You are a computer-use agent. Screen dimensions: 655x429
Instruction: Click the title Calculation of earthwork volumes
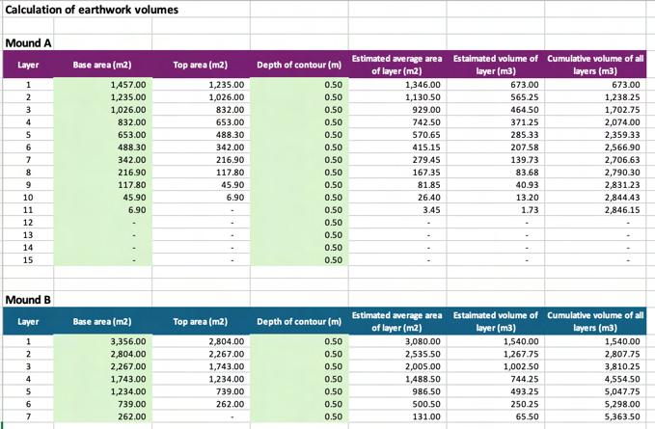pyautogui.click(x=92, y=10)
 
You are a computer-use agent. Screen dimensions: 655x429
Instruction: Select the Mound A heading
pyautogui.click(x=28, y=43)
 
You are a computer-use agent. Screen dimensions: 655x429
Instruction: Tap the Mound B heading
pyautogui.click(x=28, y=300)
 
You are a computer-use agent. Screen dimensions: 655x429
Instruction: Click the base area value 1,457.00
pyautogui.click(x=128, y=85)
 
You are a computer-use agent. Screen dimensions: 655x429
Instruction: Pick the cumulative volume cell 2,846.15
pyautogui.click(x=622, y=210)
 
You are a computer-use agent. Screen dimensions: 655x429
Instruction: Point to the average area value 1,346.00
pyautogui.click(x=423, y=85)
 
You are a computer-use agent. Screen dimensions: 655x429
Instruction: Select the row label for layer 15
pyautogui.click(x=28, y=260)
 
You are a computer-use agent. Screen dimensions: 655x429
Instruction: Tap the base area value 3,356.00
pyautogui.click(x=128, y=341)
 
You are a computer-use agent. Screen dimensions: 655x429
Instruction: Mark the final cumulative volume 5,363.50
pyautogui.click(x=622, y=416)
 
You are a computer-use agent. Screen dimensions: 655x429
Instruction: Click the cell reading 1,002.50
pyautogui.click(x=521, y=366)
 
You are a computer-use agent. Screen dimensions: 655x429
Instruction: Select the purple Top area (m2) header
pyautogui.click(x=200, y=65)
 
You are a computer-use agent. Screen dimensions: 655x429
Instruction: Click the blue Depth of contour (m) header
pyautogui.click(x=299, y=321)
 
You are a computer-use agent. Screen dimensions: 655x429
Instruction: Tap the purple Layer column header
pyautogui.click(x=28, y=65)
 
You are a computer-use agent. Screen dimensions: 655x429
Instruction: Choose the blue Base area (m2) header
pyautogui.click(x=102, y=321)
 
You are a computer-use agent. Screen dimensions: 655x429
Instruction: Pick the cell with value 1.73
pyautogui.click(x=530, y=210)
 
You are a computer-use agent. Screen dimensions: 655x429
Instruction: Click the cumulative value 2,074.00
pyautogui.click(x=622, y=122)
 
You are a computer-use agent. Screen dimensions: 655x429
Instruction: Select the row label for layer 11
pyautogui.click(x=28, y=210)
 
